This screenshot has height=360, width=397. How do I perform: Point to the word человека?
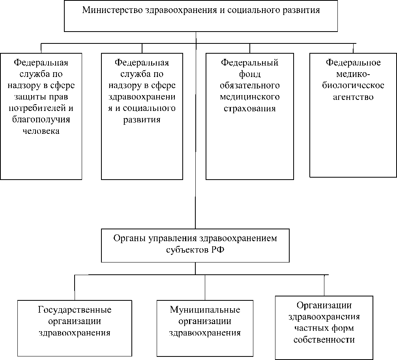coord(41,131)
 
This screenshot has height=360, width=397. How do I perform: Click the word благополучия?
coord(41,120)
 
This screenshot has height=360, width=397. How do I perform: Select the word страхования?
coord(249,108)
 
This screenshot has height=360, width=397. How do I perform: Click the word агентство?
coord(353,97)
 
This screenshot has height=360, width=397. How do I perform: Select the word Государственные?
coord(75,309)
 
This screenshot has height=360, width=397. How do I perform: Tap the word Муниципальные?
coord(205,309)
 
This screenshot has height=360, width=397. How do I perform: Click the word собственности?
coord(324,339)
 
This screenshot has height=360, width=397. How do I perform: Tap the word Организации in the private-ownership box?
coord(324,305)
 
